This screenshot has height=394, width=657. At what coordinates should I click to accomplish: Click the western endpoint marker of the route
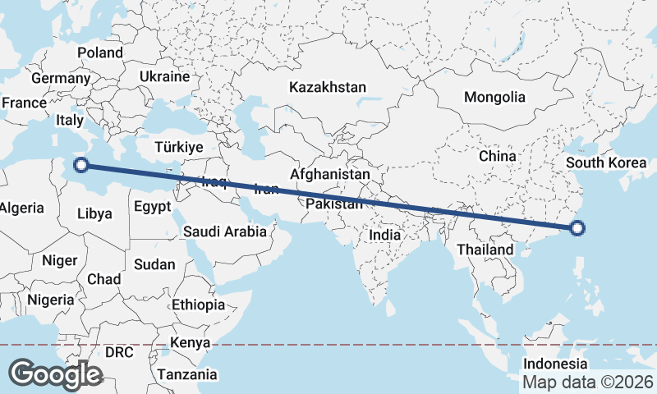81,165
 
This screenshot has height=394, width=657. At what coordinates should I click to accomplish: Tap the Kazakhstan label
328,86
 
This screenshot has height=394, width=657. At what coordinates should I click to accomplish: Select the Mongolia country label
494,97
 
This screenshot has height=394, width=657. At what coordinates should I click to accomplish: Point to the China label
497,156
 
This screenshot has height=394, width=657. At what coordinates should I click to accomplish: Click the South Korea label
607,162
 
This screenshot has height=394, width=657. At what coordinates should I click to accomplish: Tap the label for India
384,235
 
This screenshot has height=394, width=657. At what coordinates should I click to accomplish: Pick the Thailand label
485,250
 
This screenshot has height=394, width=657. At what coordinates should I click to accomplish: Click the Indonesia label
556,364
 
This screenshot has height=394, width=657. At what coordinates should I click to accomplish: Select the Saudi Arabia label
224,231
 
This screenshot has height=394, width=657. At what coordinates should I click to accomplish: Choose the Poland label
100,53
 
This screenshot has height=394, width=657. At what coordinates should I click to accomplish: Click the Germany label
61,79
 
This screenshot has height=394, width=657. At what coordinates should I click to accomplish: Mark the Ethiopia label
198,305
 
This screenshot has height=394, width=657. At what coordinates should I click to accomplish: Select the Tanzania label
188,374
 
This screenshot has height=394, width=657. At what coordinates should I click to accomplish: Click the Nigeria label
50,300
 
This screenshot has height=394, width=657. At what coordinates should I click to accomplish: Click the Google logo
55,373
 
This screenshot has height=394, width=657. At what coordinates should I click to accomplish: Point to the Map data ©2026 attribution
588,382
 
